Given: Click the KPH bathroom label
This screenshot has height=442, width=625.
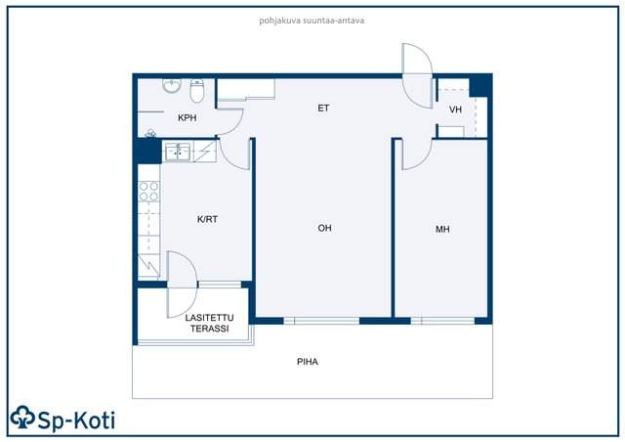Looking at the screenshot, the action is tap(187, 117).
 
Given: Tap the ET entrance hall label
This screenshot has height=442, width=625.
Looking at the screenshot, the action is tap(323, 108).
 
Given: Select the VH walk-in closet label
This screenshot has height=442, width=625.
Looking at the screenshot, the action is tap(455, 110).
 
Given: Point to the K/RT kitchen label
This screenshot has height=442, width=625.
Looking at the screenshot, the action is tap(207, 219).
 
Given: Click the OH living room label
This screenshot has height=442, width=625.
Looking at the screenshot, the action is tap(325, 228).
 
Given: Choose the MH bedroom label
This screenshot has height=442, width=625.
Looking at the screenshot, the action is tap(442, 229).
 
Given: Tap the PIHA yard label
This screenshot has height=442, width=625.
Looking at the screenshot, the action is tap(308, 362).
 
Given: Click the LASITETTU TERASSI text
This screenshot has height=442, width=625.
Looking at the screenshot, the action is tap(209, 323).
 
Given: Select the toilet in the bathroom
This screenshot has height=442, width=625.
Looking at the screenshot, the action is tap(197, 91).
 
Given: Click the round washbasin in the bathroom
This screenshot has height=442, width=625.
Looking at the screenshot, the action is tap(172, 85).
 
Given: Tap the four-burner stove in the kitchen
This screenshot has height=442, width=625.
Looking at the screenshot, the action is tap(149, 192).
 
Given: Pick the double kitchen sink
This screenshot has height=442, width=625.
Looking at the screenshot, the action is tap(178, 152).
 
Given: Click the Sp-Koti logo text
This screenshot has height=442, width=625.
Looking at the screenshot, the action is tap(76, 420).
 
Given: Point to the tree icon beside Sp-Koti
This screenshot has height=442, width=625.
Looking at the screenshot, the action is tap(22, 418).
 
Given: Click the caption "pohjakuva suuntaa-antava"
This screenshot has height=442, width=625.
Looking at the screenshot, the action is tap(312, 21).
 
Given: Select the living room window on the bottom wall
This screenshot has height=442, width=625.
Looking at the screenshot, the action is tap(321, 321).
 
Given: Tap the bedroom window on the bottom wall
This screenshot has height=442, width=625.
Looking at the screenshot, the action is tap(442, 321).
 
